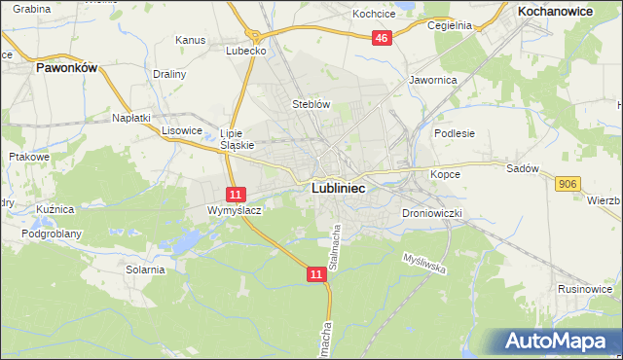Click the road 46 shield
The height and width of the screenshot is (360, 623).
coord(382,38)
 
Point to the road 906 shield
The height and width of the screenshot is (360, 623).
coord(568,183)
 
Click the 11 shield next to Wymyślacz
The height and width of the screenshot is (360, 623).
coord(236,195)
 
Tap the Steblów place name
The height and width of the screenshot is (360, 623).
coord(312,104)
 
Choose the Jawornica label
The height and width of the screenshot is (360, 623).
coord(433,80)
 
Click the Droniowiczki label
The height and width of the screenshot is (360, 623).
coord(430,212)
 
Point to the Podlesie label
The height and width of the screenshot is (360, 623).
coord(454,133)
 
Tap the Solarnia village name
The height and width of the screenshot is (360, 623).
coord(144,270)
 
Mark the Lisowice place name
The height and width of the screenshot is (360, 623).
coord(181,129)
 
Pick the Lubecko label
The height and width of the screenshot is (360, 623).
coord(246,51)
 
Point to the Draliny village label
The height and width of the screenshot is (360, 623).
coord(169,73)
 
